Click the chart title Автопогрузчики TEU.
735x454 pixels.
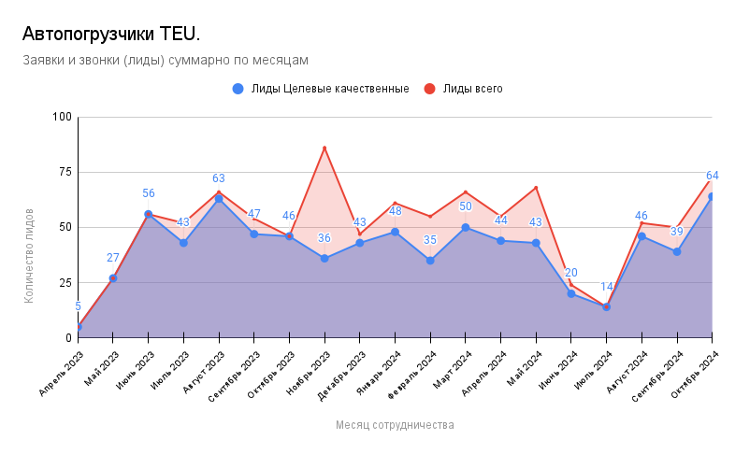110,35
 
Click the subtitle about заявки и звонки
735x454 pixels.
165,60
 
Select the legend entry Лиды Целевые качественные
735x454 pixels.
321,89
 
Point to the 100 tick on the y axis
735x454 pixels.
62,117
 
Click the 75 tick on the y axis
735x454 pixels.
65,172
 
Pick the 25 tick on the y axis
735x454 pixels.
65,282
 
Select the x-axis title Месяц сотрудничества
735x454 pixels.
395,425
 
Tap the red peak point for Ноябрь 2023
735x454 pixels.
324,148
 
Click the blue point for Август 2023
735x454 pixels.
219,199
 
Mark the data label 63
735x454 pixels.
219,178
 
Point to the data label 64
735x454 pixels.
713,176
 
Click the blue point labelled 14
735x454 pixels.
606,306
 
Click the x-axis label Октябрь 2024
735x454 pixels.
696,374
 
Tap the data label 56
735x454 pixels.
149,193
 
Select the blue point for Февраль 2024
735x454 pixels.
430,261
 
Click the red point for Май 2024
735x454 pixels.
536,188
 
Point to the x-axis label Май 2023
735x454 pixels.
102,367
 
